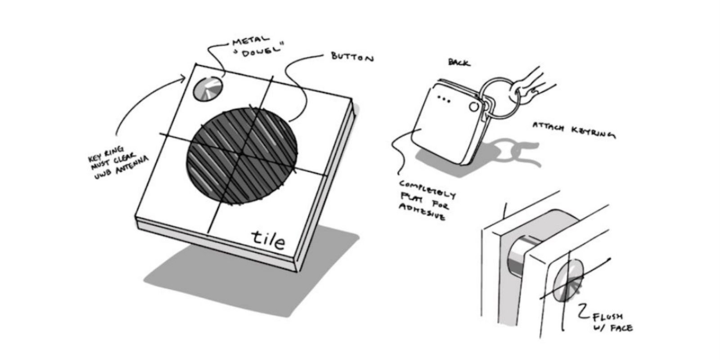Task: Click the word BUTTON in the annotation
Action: (x=353, y=57)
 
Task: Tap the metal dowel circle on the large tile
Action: (x=207, y=89)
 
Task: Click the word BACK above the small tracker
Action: (x=459, y=63)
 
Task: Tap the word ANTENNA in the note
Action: (x=132, y=165)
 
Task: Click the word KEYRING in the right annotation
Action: (x=594, y=132)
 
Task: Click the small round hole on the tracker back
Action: (x=474, y=107)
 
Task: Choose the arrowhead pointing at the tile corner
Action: (x=183, y=78)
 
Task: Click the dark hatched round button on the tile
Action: (x=242, y=156)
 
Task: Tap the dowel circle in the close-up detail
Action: (x=568, y=280)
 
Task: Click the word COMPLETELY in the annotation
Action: (x=427, y=189)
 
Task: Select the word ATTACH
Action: (x=549, y=126)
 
